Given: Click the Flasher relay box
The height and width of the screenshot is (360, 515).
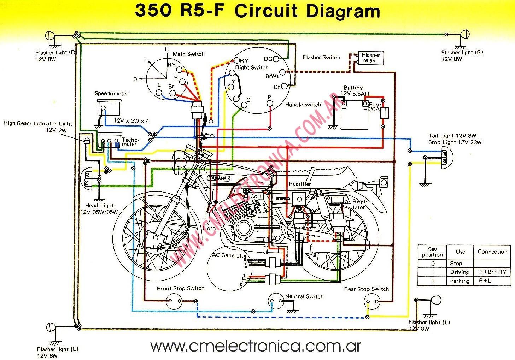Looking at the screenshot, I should pos(370,58).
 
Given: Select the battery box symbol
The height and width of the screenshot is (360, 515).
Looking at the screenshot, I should pos(354,115).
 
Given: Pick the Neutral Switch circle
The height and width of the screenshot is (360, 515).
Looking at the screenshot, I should pos(276,301).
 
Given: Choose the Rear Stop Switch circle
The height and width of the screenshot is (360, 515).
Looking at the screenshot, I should pos(373,301).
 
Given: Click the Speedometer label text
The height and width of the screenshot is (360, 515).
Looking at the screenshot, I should pos(111,94).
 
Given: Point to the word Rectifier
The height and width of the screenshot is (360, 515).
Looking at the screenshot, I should pos(300,184).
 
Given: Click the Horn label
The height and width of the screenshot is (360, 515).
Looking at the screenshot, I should pos(209,228).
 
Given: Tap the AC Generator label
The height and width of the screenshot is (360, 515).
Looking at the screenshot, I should pos(229,255).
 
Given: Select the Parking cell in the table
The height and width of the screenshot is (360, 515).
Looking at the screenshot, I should pos(460,281).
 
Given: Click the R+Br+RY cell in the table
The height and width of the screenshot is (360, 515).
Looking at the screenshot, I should pos(492,272).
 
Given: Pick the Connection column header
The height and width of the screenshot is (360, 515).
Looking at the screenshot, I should pos(492,252).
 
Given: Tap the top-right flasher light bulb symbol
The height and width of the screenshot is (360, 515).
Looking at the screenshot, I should pos(465,35).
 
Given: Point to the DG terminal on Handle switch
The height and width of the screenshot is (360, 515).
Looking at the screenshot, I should pos(276,59).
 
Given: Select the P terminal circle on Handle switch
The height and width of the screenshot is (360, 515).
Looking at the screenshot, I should pos(269,103).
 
